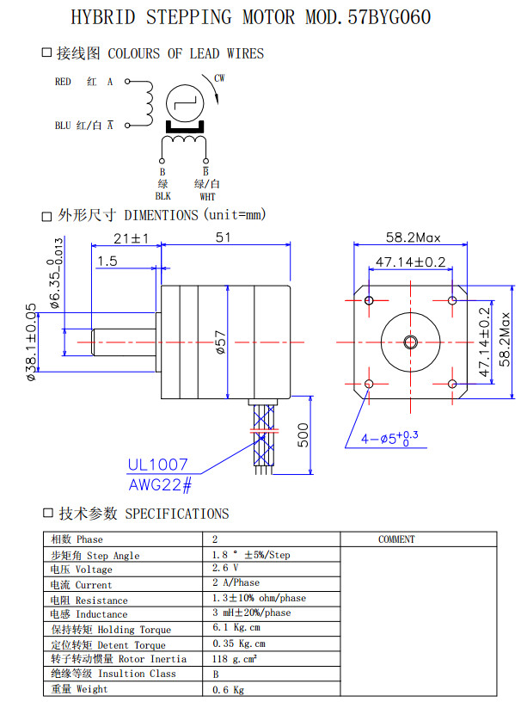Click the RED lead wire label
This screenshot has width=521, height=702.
64,83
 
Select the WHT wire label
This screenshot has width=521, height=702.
207,196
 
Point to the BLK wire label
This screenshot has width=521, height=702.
162,196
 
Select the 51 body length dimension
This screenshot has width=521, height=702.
224,237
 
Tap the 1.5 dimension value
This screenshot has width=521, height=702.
107,261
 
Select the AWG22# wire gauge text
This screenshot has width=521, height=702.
160,484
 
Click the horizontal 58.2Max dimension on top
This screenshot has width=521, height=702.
413,237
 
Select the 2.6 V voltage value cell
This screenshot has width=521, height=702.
225,569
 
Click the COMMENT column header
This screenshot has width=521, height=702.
396,539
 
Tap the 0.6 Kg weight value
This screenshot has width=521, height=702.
228,689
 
